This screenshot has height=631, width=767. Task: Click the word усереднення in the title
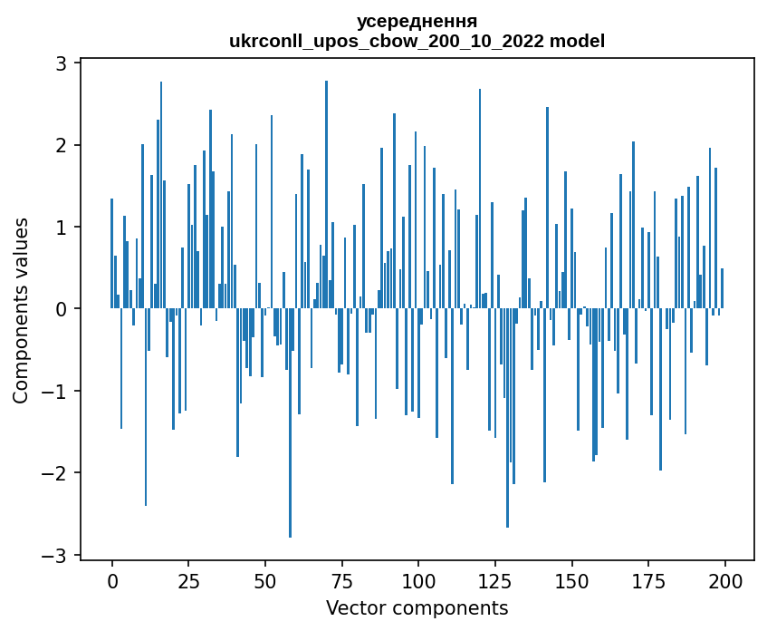pos(417,21)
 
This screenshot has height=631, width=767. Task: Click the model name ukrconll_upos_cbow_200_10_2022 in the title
pos(390,41)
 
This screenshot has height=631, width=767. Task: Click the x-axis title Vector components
pos(417,607)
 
